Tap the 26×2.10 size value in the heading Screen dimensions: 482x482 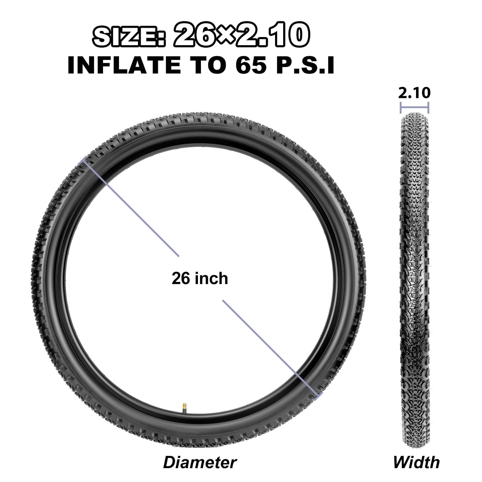(241, 36)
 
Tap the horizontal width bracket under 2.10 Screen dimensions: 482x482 (414, 108)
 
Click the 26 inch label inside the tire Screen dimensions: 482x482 (200, 278)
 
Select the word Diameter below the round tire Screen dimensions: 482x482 (200, 462)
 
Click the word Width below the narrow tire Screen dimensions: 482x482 (416, 462)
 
